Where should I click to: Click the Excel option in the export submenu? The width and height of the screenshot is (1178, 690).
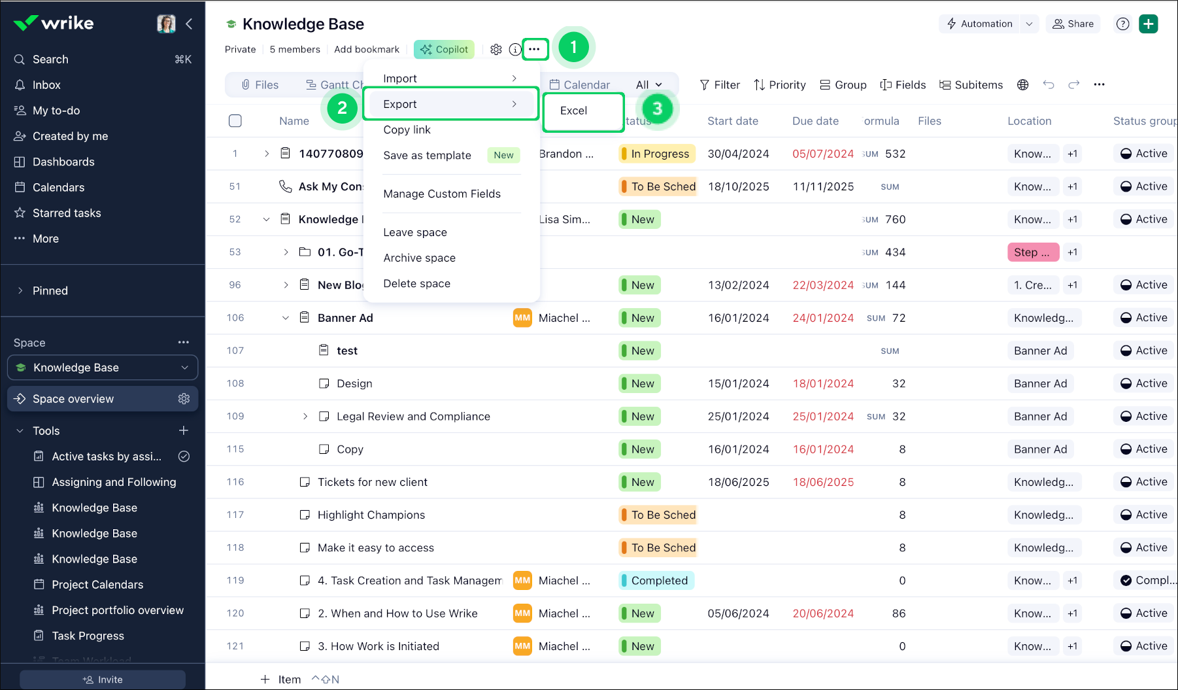tap(574, 111)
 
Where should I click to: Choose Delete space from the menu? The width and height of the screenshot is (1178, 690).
tap(416, 284)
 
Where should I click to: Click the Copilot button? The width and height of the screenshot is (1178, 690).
tap(444, 49)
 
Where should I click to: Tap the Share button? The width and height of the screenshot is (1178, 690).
tap(1073, 24)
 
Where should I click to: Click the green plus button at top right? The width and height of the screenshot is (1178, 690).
tap(1148, 24)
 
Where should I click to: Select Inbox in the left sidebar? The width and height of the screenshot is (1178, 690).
tap(46, 85)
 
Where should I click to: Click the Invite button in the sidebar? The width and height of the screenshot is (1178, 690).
tap(103, 680)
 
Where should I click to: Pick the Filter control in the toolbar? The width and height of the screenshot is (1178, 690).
tap(720, 85)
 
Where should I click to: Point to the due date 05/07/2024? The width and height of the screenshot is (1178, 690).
tap(822, 154)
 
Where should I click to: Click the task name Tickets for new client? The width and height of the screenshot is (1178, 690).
tap(372, 482)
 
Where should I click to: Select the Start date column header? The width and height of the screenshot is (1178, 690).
tap(733, 121)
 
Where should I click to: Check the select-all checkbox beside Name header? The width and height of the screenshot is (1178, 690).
tap(235, 121)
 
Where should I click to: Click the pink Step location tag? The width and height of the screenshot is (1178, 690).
tap(1032, 252)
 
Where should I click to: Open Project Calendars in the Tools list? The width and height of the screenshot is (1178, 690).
tap(97, 585)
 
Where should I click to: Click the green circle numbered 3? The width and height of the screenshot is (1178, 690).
tap(657, 109)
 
